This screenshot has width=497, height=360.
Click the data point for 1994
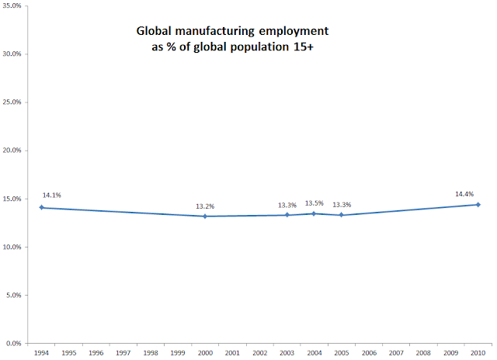tap(41, 207)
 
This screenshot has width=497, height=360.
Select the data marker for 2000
tap(205, 216)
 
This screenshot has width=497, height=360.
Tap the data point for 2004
tap(314, 213)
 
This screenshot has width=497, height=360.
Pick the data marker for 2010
tap(478, 204)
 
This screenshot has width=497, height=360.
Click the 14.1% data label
tap(51, 196)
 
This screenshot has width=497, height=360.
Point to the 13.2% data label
tap(205, 206)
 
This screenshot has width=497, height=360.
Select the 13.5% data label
tap(314, 203)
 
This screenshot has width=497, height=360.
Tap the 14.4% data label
tap(464, 194)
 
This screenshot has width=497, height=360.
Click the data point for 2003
tap(287, 215)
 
